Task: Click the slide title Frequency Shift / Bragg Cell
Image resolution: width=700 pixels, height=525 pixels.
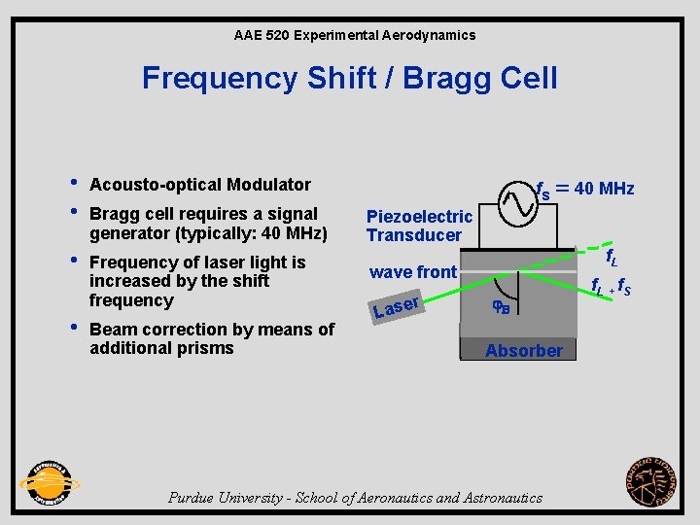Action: pyautogui.click(x=350, y=78)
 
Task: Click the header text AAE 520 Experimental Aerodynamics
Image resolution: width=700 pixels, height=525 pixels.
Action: pyautogui.click(x=355, y=35)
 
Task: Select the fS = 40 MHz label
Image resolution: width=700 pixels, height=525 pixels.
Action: pyautogui.click(x=585, y=189)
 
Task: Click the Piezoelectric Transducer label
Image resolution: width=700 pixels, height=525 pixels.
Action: pyautogui.click(x=419, y=226)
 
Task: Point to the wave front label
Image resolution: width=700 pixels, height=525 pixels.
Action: pyautogui.click(x=413, y=272)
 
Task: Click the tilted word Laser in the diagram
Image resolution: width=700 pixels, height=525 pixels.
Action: pyautogui.click(x=397, y=306)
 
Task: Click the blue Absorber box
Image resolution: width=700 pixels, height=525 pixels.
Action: pyautogui.click(x=523, y=349)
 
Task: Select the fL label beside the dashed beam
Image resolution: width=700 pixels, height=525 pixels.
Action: pyautogui.click(x=612, y=259)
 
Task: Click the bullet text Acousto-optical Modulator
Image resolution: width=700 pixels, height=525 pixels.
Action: pyautogui.click(x=199, y=185)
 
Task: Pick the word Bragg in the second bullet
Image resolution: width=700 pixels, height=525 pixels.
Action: pyautogui.click(x=111, y=214)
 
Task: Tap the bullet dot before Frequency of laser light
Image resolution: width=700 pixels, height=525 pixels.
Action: pyautogui.click(x=75, y=261)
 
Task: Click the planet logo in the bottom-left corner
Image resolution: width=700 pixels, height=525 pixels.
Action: pyautogui.click(x=49, y=481)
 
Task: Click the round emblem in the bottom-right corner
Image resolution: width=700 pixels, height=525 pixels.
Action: pyautogui.click(x=653, y=481)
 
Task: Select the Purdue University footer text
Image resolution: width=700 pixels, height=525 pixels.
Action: pyautogui.click(x=355, y=498)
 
